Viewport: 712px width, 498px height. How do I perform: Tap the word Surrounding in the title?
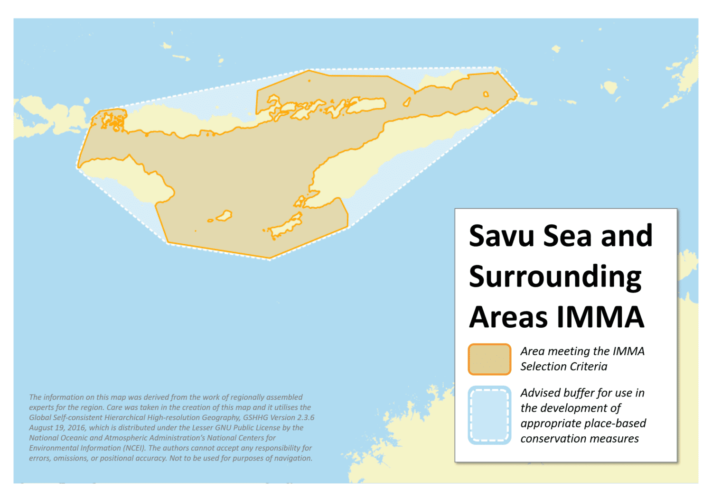point(555,277)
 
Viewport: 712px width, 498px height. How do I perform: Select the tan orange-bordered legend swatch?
point(489,360)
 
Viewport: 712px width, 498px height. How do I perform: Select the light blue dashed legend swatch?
point(489,415)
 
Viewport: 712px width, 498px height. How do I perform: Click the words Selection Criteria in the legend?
point(563,367)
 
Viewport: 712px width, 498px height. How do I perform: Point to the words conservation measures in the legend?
point(579,439)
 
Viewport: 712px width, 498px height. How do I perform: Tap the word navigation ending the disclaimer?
point(293,458)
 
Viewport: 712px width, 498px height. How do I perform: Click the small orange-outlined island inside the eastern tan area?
point(486,94)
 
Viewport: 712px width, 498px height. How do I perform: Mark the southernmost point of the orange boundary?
point(270,259)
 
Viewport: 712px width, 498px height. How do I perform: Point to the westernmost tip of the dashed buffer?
point(77,167)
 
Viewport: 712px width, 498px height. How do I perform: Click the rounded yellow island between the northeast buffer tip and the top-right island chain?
point(609,87)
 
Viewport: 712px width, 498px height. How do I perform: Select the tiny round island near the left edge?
point(87,101)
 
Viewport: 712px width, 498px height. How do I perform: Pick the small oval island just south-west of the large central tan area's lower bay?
point(224,216)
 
